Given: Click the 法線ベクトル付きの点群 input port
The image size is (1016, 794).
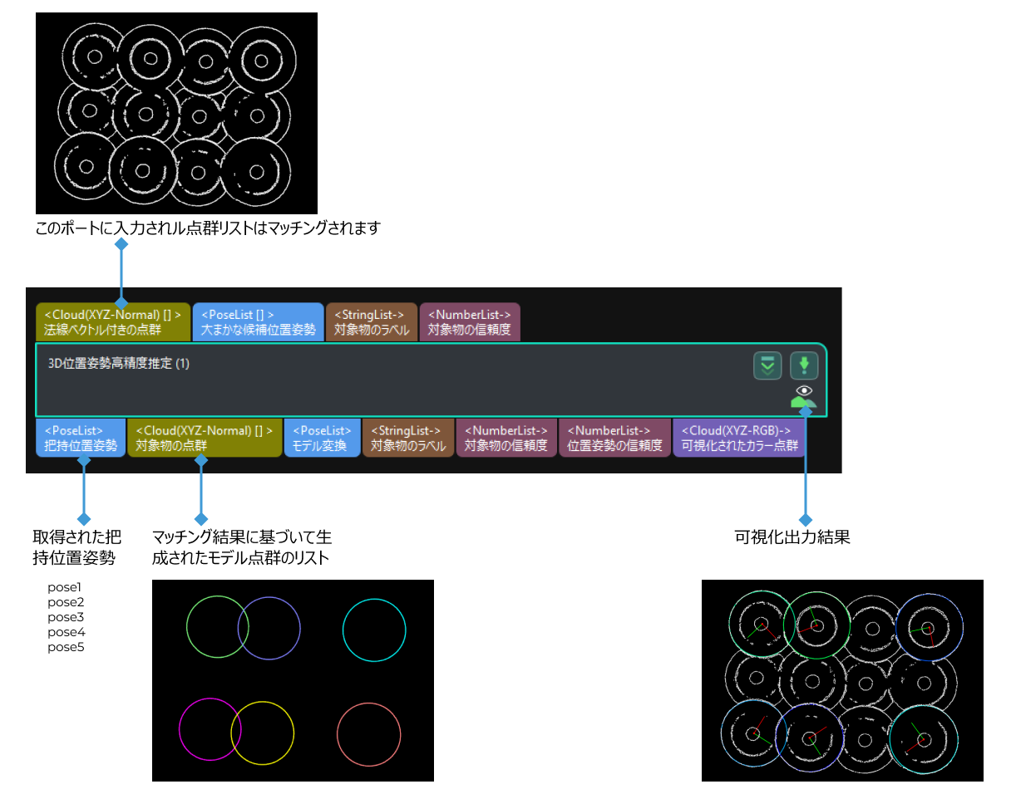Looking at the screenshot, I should [x=112, y=322].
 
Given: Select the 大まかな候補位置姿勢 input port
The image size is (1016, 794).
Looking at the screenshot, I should [x=258, y=322].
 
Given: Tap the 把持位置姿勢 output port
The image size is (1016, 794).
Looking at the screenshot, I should [x=81, y=438].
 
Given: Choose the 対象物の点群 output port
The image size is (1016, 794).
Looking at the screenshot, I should [x=205, y=438].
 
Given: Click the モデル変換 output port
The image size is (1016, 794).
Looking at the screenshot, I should [x=322, y=438].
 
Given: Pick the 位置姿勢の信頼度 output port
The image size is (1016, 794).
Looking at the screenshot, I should [x=614, y=438].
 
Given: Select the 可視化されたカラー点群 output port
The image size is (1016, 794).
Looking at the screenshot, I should [x=738, y=438].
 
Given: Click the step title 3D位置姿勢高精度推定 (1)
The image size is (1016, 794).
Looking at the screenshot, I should [x=119, y=364].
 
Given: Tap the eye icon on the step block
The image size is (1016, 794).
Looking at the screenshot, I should [x=803, y=390].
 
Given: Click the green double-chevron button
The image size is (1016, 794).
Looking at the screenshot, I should [x=767, y=365].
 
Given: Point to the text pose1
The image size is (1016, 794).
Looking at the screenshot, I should [x=66, y=587].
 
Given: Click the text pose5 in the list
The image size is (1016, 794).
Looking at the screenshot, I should [x=66, y=647].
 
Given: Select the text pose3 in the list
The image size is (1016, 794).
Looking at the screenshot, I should [x=66, y=617].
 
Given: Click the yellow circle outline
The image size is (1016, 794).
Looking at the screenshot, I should [x=293, y=731].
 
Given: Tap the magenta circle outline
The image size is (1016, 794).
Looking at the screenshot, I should [x=180, y=729].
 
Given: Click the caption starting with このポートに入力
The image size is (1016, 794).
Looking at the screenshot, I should [x=208, y=228].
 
